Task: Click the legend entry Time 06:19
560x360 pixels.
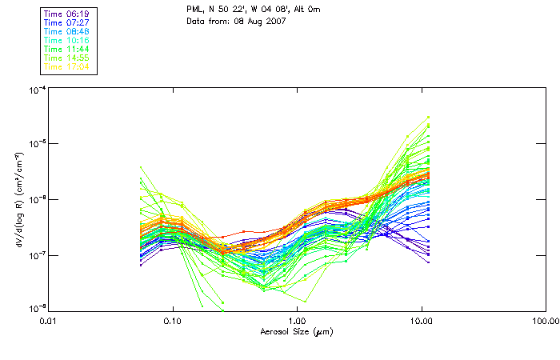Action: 67,13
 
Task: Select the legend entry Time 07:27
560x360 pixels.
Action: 67,22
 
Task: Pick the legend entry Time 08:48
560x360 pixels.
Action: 67,30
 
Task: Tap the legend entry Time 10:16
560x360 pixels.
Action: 67,39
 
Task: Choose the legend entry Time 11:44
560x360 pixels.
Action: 67,49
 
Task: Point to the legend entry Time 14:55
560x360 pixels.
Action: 67,58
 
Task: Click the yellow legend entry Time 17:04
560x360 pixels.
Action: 67,66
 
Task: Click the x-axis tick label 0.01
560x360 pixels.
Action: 49,320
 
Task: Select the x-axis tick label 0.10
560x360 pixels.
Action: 173,320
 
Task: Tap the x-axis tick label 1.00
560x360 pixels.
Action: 298,320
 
